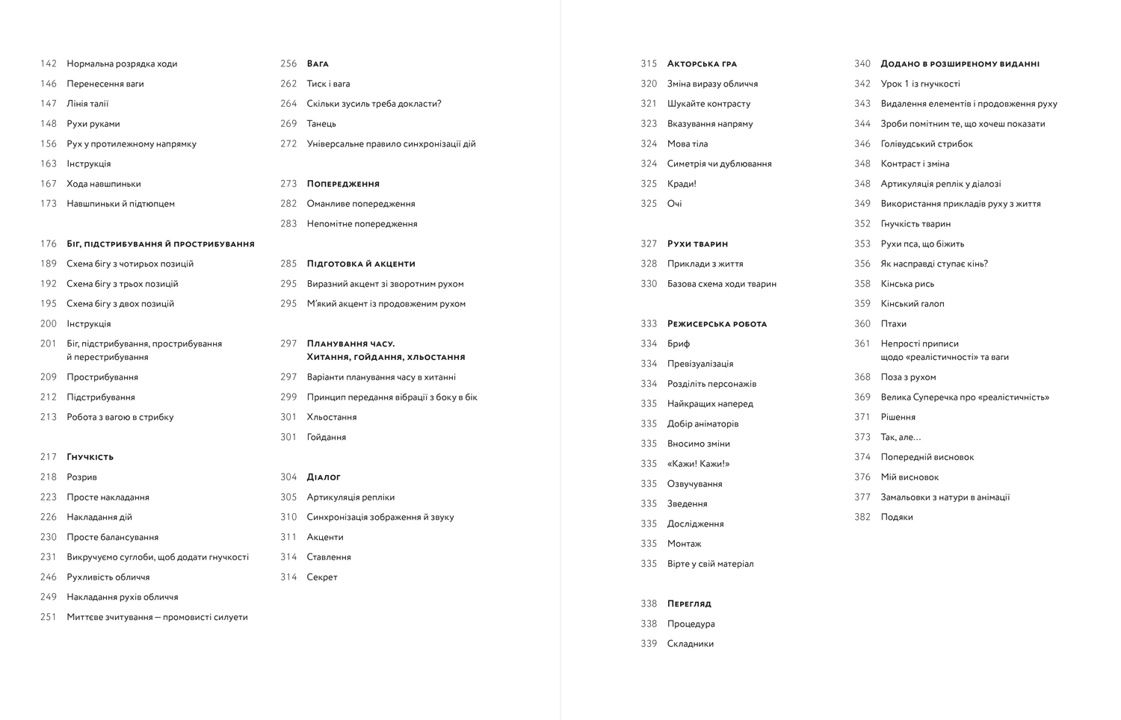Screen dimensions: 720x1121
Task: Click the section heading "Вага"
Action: tap(318, 64)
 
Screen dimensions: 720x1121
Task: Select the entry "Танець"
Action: tap(321, 124)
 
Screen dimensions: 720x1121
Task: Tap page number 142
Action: tap(49, 64)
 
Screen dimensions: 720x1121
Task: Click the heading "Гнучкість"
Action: tap(90, 457)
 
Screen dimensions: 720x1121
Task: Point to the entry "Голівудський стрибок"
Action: tap(927, 144)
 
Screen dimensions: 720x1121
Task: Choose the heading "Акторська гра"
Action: tap(702, 64)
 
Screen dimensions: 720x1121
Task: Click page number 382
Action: tap(862, 517)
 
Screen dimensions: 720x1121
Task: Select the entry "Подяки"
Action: tap(897, 517)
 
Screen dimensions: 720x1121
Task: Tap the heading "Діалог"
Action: tap(324, 477)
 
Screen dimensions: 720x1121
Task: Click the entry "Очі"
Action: tap(674, 204)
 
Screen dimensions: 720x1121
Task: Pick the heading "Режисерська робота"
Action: tap(717, 324)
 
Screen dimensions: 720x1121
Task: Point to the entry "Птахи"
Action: tap(893, 324)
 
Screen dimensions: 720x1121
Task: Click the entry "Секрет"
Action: tap(322, 577)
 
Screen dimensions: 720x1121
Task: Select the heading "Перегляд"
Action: tap(689, 603)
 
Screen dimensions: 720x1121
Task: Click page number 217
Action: tap(49, 457)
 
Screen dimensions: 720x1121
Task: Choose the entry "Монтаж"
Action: tap(684, 544)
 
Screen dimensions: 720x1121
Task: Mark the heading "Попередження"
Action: tap(343, 184)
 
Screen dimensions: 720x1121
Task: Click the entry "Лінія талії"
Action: tap(87, 104)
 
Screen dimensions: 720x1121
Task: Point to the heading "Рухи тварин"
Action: tap(697, 244)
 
